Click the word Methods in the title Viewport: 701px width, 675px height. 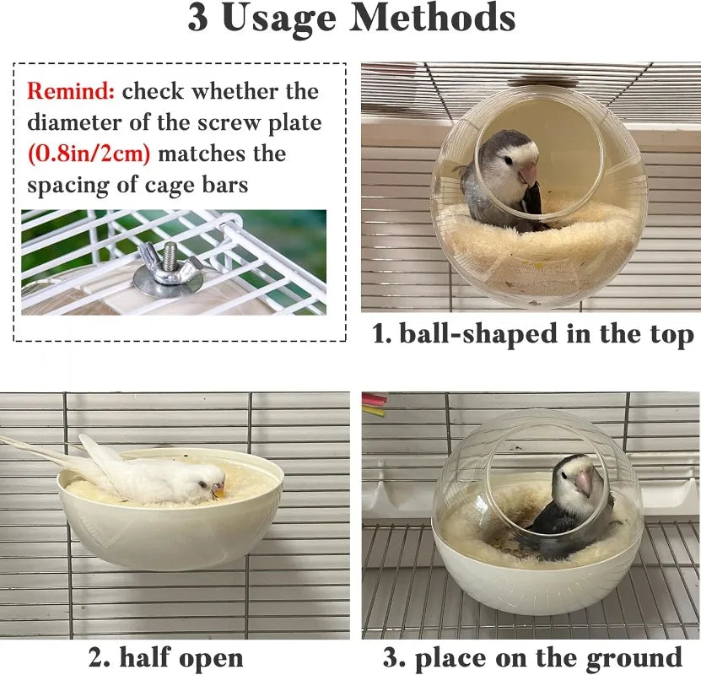click(432, 18)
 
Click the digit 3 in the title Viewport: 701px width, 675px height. click(197, 19)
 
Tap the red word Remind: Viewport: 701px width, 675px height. click(71, 91)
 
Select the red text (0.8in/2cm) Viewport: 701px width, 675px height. click(89, 154)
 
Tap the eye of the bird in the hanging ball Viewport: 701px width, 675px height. click(509, 159)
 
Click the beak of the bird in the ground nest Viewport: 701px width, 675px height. click(583, 483)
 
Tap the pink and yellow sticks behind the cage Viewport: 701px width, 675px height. click(375, 403)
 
